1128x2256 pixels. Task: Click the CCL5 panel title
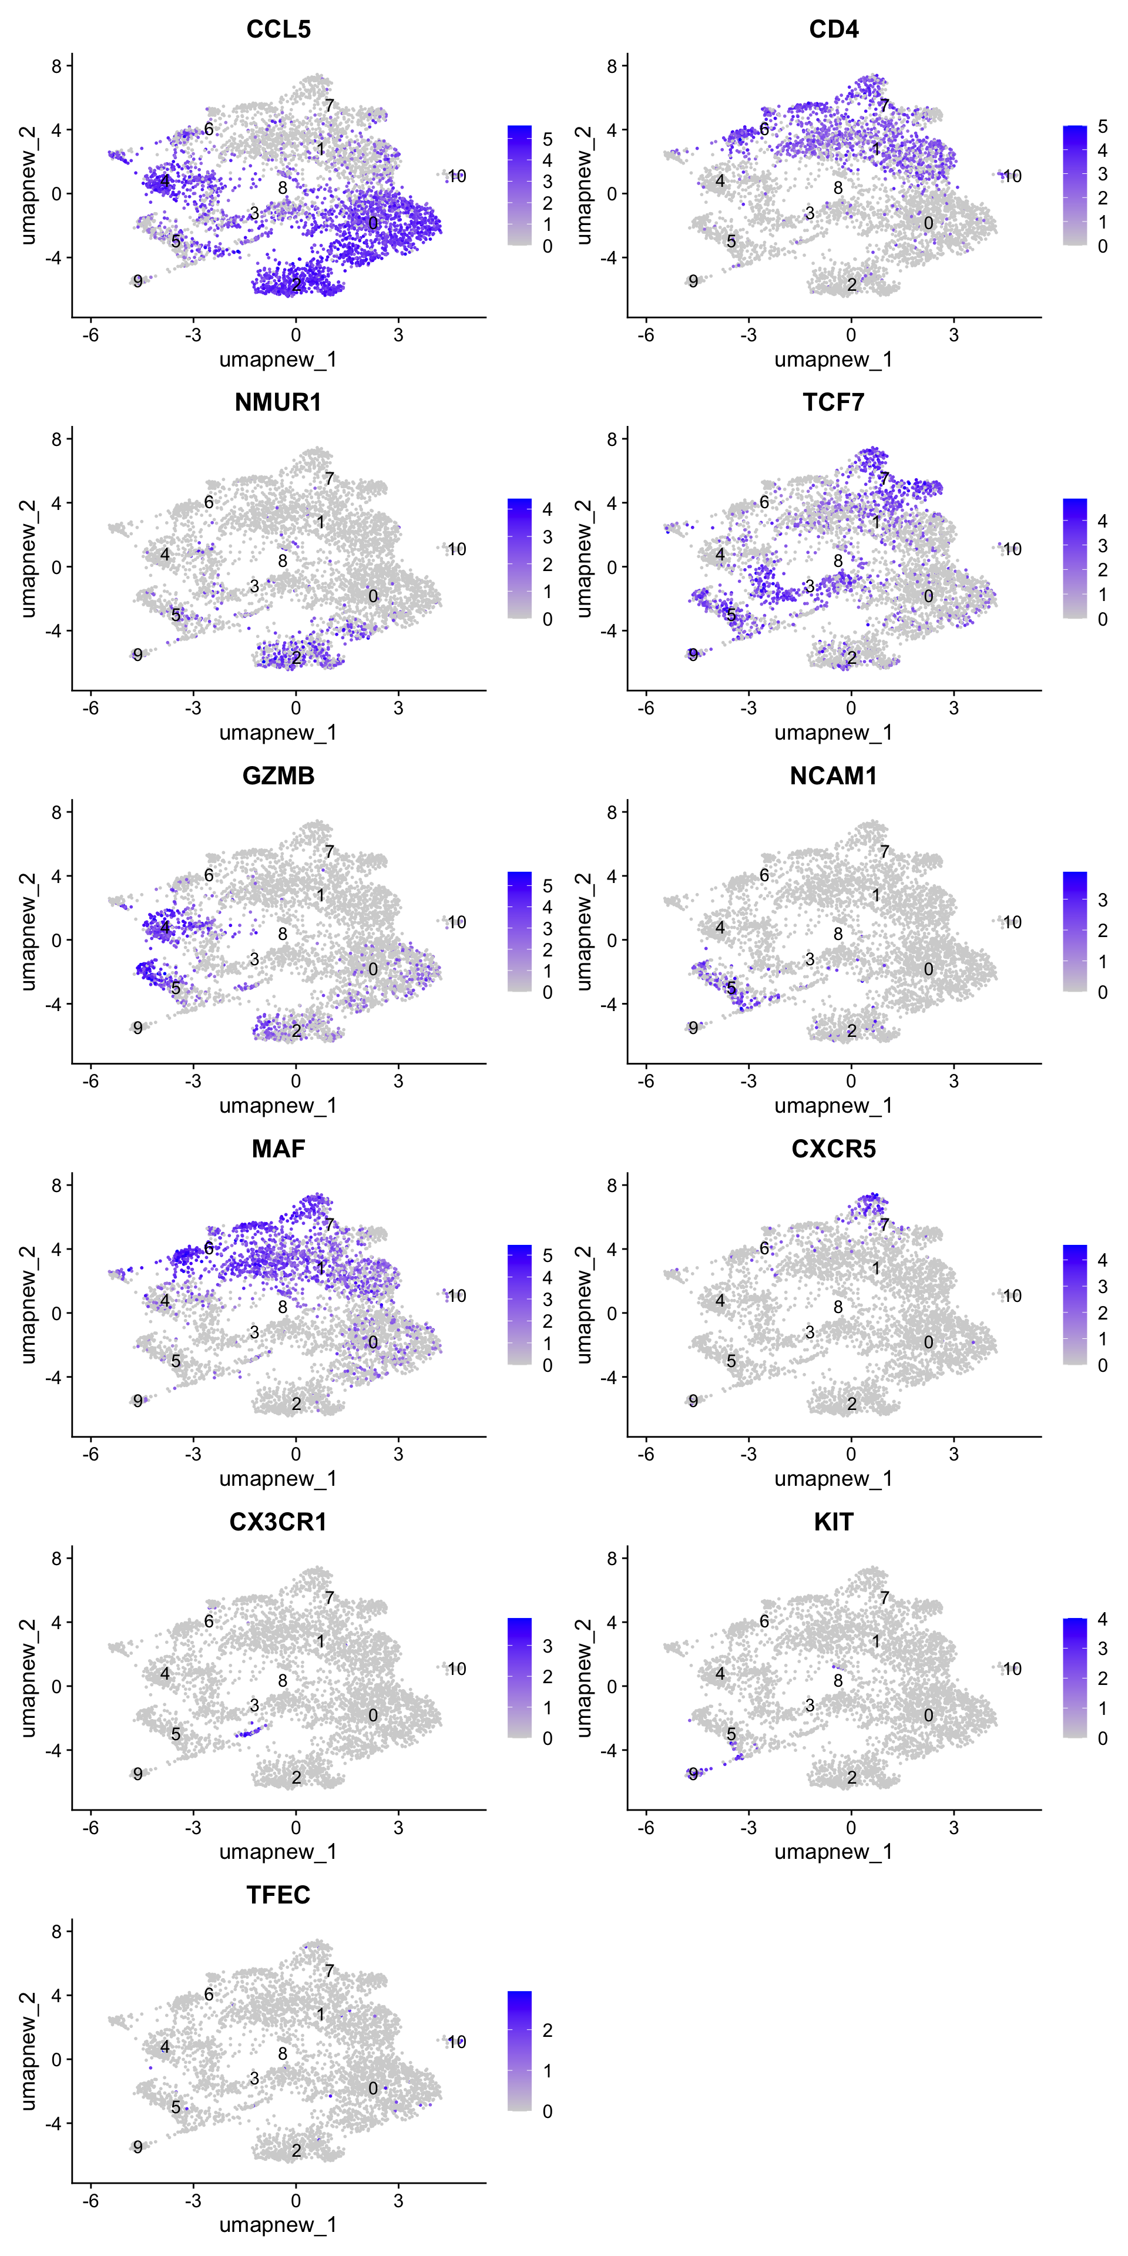[278, 29]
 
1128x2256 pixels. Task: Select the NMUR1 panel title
[278, 402]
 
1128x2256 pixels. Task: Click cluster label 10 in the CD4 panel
[1012, 176]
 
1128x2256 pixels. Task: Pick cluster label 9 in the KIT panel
[693, 1774]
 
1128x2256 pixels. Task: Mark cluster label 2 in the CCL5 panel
[296, 284]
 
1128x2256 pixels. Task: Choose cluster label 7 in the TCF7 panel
[885, 478]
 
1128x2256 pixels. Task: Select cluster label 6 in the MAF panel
[209, 1248]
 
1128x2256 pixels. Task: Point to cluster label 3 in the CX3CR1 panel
[254, 1705]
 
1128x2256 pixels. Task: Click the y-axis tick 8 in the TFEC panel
[57, 1931]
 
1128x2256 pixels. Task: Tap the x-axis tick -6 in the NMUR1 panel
[90, 707]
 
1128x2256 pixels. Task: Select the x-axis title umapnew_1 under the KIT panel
[833, 1851]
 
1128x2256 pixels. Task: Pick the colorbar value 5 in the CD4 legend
[1103, 127]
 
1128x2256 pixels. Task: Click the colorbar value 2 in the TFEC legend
[548, 2030]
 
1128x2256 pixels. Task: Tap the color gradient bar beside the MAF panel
[519, 1304]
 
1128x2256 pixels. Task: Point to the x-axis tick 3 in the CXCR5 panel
[954, 1454]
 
